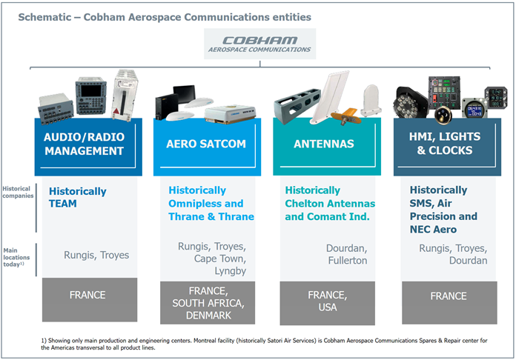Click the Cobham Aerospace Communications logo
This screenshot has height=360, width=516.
coord(259,44)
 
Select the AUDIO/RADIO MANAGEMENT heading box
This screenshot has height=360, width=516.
coord(88,147)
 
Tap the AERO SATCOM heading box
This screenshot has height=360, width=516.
coord(207,147)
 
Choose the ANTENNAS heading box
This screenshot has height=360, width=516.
coord(327,147)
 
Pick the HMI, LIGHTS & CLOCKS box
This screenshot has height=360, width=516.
coord(447,147)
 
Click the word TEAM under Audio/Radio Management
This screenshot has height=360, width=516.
coord(62,204)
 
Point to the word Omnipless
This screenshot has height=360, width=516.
coord(194,204)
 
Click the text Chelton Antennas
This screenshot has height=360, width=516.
coord(330,204)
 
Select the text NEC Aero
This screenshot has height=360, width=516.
coord(433,229)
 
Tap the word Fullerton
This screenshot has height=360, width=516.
coord(348,261)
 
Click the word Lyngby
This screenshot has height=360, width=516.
coord(231,271)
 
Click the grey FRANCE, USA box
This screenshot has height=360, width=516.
coord(328,303)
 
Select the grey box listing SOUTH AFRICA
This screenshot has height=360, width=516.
coord(208,303)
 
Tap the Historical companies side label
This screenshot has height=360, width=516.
coord(18,192)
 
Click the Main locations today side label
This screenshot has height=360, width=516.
coord(16,258)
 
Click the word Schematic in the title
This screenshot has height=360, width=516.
coord(44,17)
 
